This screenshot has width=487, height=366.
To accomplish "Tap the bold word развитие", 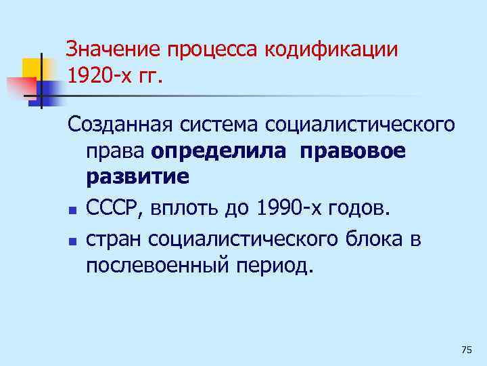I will [x=138, y=178].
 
